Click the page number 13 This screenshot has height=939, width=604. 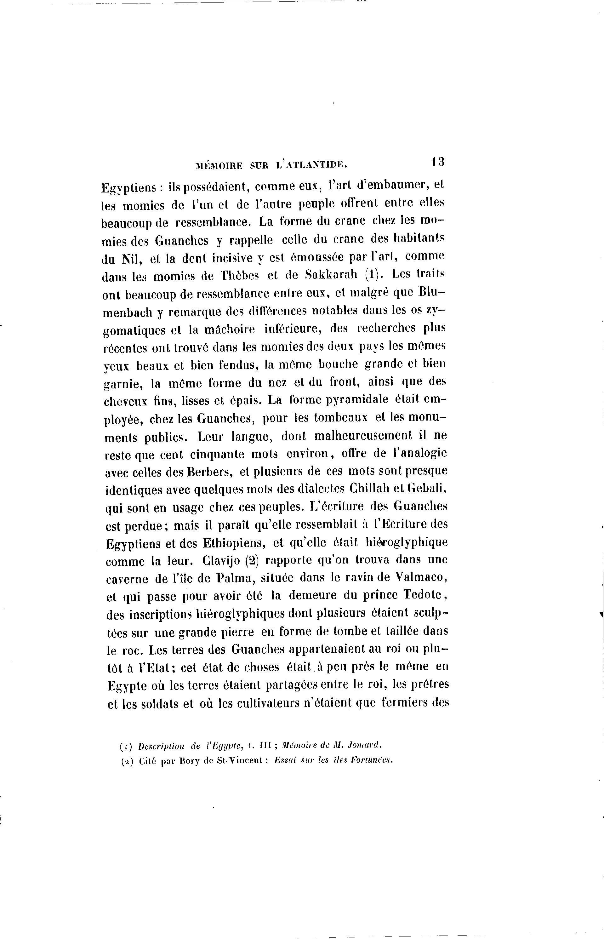coord(437,162)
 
